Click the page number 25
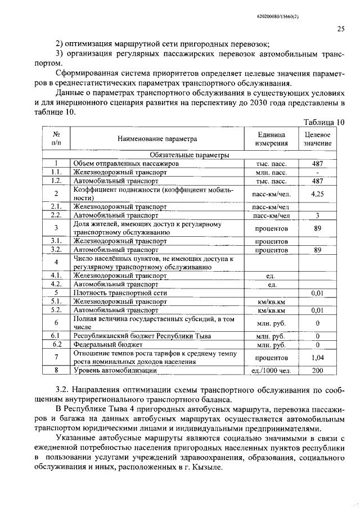pos(340,29)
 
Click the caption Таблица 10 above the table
pos(323,122)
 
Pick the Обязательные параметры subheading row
pos(189,154)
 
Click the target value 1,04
pos(318,358)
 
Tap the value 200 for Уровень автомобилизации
pos(318,371)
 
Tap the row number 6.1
pos(56,336)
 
